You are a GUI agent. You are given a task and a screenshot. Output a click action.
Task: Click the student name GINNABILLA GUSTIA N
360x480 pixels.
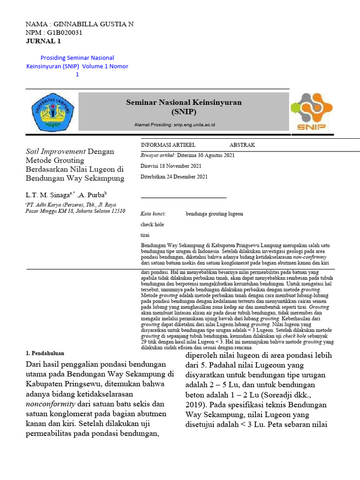coord(94,24)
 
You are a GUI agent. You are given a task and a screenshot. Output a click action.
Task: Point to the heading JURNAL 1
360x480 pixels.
coord(43,41)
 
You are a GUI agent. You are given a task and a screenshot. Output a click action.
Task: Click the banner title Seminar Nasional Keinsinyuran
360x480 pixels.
coord(184,103)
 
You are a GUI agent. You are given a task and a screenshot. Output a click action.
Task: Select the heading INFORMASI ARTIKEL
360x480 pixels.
coord(168,145)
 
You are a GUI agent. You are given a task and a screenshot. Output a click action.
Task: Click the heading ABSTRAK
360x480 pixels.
coord(242,145)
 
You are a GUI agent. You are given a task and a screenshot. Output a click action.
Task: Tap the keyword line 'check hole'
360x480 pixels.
coord(152,225)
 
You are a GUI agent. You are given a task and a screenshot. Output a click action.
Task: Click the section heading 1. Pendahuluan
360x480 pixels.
coord(45,353)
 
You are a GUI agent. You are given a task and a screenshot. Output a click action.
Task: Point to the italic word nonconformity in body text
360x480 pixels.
coord(50,403)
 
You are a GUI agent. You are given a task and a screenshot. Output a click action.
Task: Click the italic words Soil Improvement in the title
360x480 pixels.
coord(55,151)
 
